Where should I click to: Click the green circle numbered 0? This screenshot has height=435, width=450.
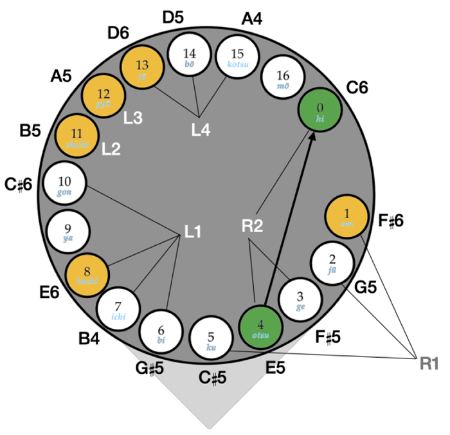point(321,111)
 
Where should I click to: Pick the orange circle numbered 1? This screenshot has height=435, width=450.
point(346,217)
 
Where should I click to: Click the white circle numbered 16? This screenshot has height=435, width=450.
point(283,80)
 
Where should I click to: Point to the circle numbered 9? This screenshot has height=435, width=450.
point(68,231)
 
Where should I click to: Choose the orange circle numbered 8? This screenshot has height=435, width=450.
point(87,274)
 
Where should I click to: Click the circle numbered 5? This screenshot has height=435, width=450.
point(212,338)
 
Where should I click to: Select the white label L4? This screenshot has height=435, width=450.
point(201,129)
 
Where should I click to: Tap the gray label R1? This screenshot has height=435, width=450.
point(429,364)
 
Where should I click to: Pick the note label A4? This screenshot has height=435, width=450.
point(252,19)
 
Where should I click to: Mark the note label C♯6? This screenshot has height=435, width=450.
point(20,185)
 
